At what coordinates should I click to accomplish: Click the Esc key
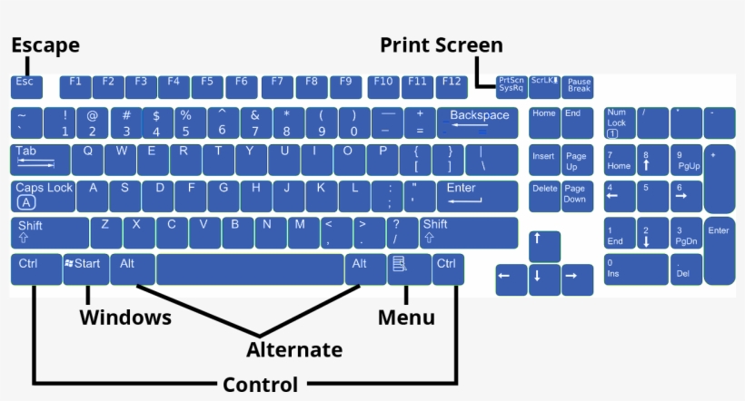click(x=25, y=86)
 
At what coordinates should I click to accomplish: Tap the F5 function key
click(x=207, y=86)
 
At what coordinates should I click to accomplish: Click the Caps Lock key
click(x=44, y=195)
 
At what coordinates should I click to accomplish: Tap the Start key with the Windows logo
click(x=85, y=269)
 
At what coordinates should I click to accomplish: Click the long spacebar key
click(x=250, y=269)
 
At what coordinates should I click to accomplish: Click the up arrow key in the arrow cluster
click(x=544, y=245)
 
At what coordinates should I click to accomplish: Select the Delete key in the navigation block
click(x=544, y=195)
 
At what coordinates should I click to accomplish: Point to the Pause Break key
click(x=579, y=86)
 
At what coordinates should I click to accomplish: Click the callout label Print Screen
click(x=441, y=44)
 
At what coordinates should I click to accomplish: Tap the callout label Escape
click(x=45, y=44)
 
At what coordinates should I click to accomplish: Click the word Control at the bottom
click(x=260, y=385)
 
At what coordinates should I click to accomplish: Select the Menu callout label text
click(x=406, y=318)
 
